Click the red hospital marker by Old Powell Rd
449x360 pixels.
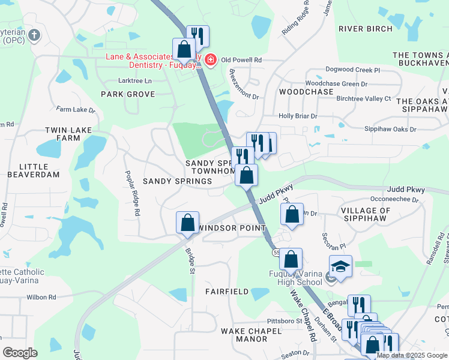210,59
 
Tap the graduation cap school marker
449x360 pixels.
340,266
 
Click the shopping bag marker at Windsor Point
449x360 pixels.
187,223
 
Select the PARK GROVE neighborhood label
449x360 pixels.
128,94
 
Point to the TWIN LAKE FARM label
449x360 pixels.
62,134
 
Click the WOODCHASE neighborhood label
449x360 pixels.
306,92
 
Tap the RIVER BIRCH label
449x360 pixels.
365,29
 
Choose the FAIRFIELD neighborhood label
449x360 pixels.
227,292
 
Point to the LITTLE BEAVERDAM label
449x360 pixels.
34,170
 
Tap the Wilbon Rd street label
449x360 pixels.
40,297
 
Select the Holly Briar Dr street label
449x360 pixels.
297,116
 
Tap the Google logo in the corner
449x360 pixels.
20,353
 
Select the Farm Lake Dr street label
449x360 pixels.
76,110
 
